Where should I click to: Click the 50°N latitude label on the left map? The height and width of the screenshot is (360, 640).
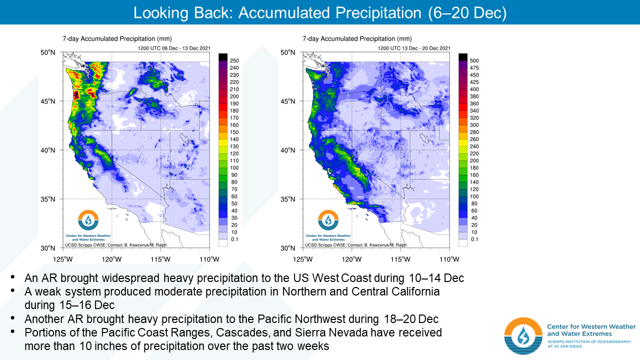47,52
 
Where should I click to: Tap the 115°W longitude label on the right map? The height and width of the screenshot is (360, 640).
401,259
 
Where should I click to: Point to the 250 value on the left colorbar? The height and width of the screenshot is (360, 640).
234,60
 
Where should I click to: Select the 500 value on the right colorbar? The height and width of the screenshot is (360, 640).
474,60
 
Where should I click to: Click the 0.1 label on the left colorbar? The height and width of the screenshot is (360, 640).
234,239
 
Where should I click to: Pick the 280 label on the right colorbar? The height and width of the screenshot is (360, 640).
474,132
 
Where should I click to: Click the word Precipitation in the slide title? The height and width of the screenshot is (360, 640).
378,13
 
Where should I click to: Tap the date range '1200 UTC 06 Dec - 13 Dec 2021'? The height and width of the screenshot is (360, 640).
174,48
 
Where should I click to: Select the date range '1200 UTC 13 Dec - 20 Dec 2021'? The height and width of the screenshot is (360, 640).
414,48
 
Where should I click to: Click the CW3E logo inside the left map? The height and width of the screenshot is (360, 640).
88,220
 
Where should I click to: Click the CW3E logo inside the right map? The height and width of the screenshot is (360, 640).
328,220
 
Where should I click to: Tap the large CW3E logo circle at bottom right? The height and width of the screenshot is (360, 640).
523,336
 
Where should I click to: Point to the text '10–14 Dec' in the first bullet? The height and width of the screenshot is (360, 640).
436,278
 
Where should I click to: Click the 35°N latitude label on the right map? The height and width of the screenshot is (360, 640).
287,199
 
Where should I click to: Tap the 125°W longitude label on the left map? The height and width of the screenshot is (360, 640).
63,259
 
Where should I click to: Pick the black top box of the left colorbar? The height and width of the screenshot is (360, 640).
223,57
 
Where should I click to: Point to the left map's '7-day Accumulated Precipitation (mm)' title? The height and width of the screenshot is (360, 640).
117,39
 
